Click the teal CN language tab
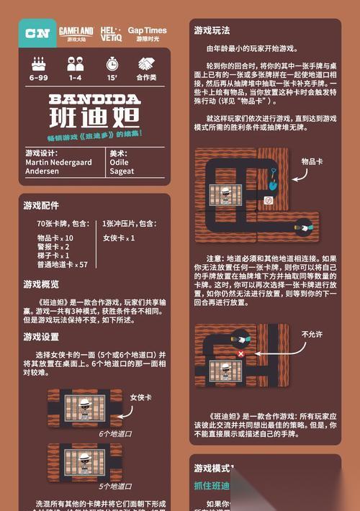(36, 33)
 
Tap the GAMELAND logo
(76, 33)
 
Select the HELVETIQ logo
(112, 33)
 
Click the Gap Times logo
(147, 33)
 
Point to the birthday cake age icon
(38, 63)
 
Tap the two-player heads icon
(75, 63)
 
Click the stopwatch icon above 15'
(112, 63)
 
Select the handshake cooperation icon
(147, 63)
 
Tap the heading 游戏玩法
(212, 31)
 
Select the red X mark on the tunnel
(240, 354)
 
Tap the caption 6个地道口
(115, 434)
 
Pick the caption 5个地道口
(115, 487)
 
